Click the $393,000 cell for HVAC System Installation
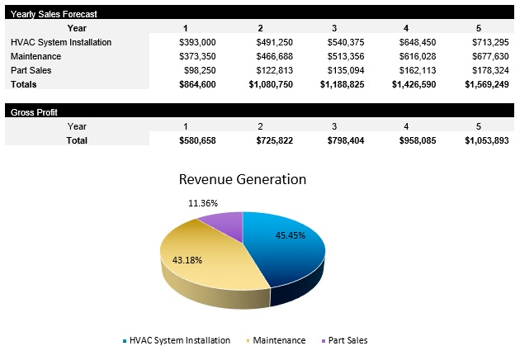coord(197,42)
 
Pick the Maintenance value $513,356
coord(340,56)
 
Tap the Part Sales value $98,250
coord(200,70)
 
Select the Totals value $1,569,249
coord(486,84)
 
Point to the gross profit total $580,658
coord(197,140)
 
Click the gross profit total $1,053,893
coord(486,140)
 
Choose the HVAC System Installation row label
coord(61,42)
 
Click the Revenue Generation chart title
coord(242,179)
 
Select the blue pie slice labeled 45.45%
coord(289,248)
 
